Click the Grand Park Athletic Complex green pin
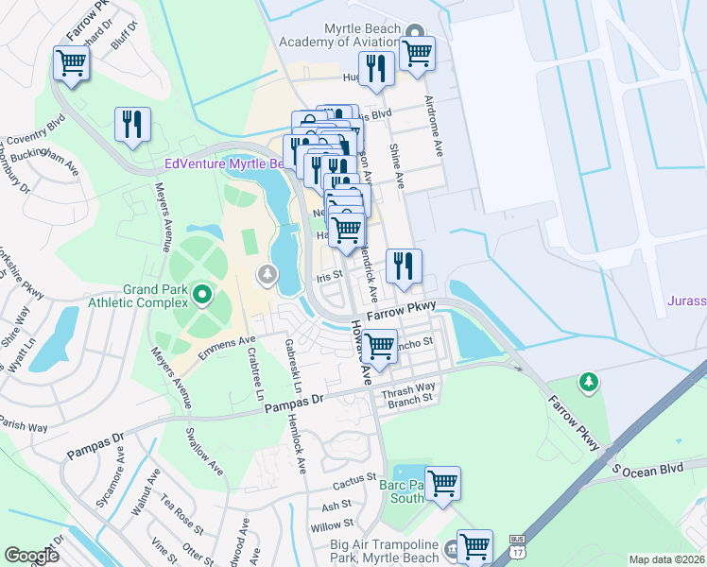tap(201, 297)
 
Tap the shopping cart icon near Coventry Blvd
tap(70, 63)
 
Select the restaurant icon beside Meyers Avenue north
tap(132, 125)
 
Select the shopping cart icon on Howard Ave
tap(379, 346)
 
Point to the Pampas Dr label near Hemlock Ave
tap(293, 404)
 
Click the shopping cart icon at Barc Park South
tap(441, 484)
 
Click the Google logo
tap(31, 556)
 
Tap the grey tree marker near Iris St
tap(267, 275)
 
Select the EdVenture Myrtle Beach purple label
tap(224, 163)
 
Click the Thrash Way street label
tap(408, 387)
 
